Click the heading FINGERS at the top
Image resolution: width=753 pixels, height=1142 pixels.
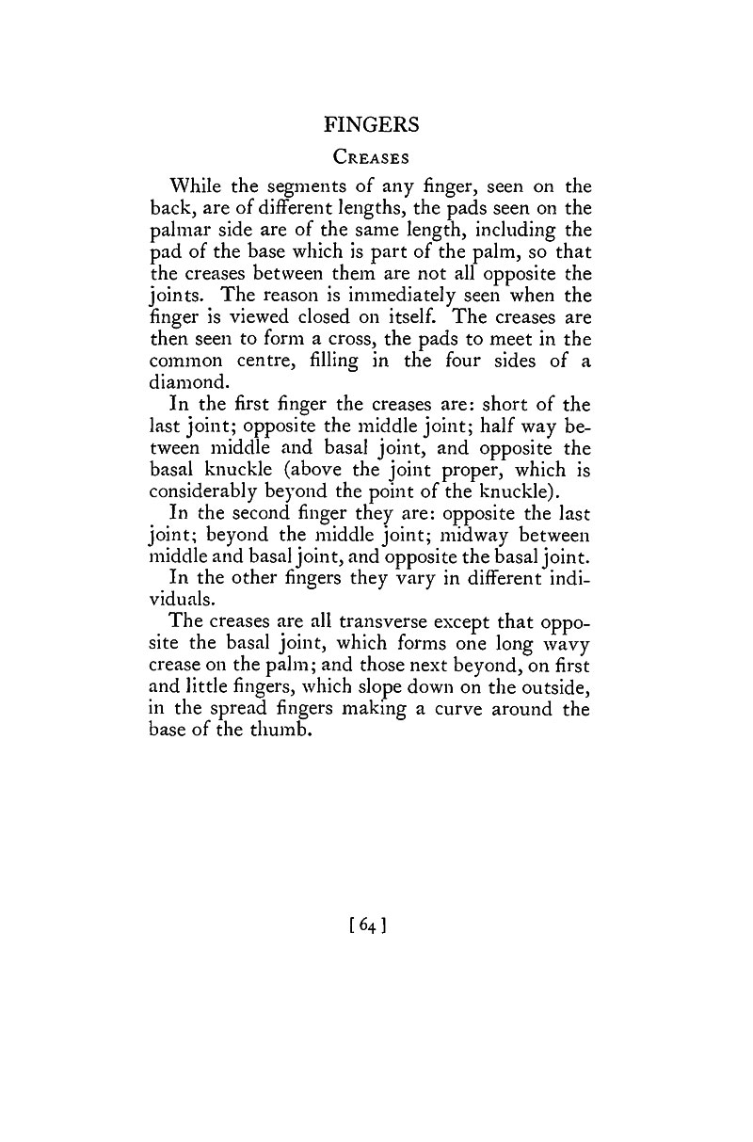tap(371, 124)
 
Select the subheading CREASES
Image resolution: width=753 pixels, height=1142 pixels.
tap(371, 158)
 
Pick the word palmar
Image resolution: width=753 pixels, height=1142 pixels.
tap(181, 230)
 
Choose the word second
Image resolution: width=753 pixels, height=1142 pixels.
tap(281, 512)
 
